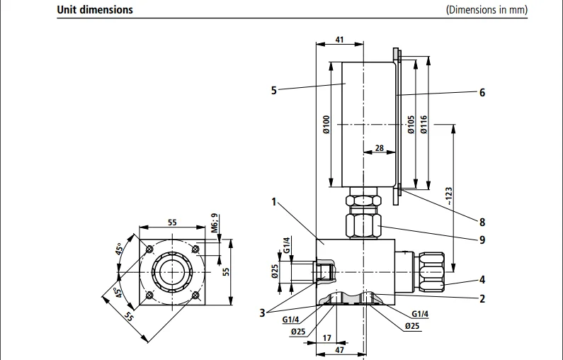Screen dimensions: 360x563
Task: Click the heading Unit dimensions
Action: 94,11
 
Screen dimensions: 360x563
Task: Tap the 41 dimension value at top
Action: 339,40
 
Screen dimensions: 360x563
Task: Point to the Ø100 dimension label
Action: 326,125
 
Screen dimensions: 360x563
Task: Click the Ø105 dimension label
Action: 411,125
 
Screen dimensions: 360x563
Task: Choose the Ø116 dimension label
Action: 423,125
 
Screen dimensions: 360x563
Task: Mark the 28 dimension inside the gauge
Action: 379,147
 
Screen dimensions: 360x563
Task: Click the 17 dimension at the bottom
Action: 326,337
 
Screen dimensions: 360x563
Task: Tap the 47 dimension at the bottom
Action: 339,350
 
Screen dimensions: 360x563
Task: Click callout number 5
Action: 273,90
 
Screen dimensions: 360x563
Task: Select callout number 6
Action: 482,92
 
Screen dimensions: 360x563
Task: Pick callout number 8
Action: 482,223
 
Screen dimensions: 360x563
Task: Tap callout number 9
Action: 482,240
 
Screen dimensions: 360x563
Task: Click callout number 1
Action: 273,201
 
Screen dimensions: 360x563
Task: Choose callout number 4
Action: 482,279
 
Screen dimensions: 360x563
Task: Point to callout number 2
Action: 482,298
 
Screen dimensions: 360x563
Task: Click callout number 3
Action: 262,311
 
